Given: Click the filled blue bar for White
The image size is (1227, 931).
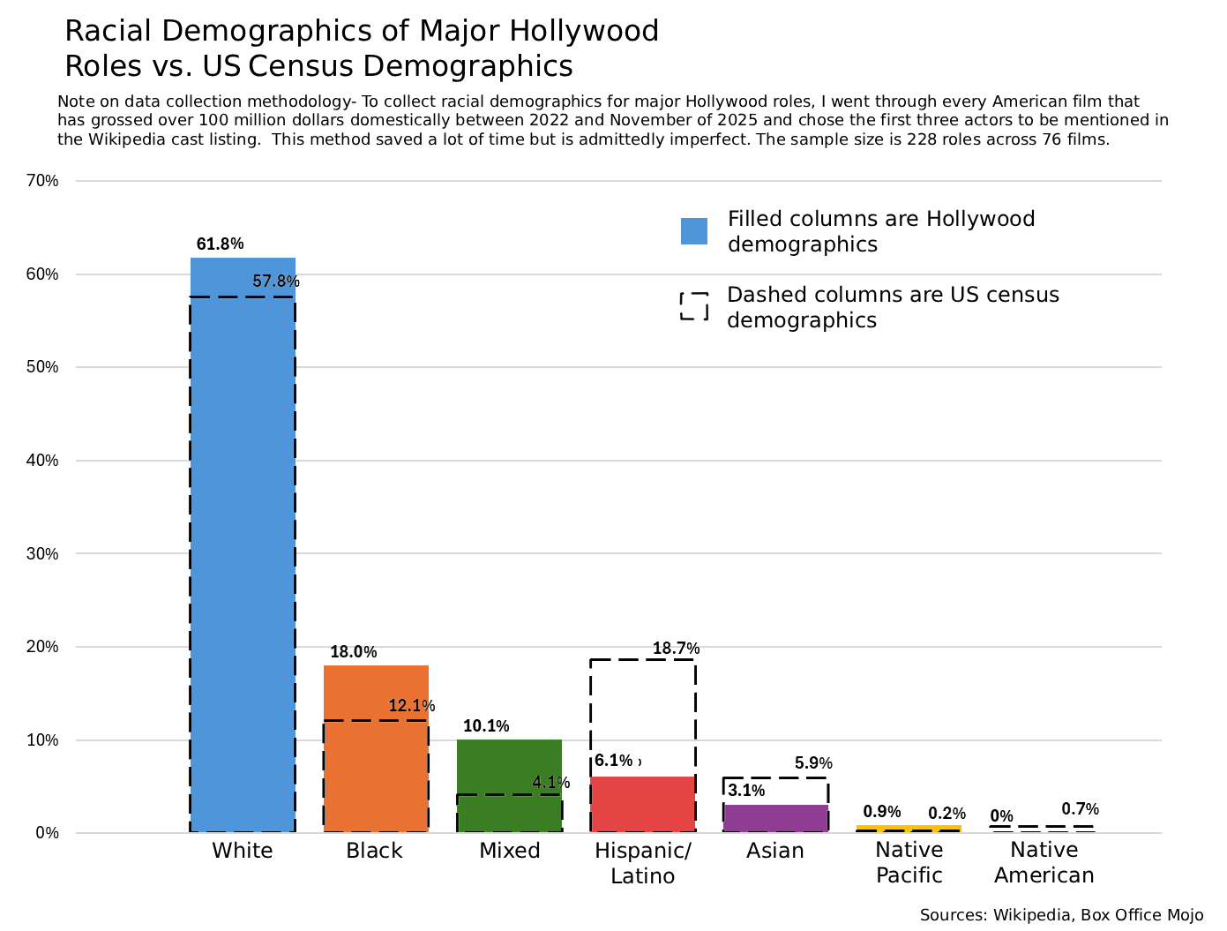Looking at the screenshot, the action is pos(243,544).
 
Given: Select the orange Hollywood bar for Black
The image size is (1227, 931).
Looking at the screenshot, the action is pos(376,748).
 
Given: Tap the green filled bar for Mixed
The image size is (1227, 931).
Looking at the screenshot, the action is pos(509,785).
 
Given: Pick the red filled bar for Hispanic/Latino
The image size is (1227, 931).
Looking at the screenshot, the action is pos(643,804).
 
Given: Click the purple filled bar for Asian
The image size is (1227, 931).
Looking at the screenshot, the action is pos(776,818).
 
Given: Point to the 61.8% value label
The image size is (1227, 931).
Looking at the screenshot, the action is pos(220,244).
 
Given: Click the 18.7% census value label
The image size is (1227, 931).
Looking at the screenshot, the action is pos(676,648).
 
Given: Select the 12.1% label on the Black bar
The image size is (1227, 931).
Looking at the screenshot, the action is pos(411,706).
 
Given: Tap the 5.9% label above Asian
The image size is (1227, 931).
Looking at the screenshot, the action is pos(813,762).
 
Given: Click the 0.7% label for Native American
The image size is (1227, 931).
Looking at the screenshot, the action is pos(1080,808).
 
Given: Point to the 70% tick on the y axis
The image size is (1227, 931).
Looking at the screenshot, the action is pos(42,181).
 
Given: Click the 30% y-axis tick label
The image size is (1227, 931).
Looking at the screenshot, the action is pos(42,553).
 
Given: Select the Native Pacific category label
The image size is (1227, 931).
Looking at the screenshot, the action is pos(909,862).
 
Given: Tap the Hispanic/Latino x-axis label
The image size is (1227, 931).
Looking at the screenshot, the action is pos(643,863).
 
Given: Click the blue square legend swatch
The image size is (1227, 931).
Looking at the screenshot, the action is pos(693,231).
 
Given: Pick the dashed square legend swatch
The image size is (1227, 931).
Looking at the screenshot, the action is pos(693,306).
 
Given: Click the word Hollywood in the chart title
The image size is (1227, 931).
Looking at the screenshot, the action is pos(584,31).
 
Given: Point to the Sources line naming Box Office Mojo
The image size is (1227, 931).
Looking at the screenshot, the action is pos(1061,915).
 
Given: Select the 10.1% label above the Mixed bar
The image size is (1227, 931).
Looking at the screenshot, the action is pos(486,725).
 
